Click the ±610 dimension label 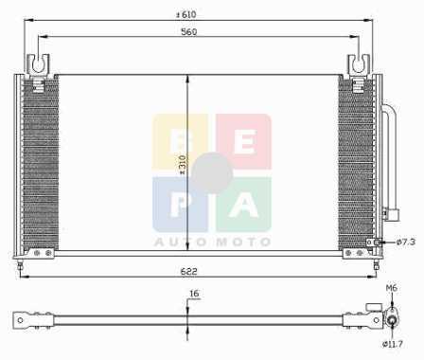click(186, 14)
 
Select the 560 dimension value click(189, 32)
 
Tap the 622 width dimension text click(188, 271)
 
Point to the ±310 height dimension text click(183, 165)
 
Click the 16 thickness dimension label click(194, 294)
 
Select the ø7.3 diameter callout click(406, 243)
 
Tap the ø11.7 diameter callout click(393, 344)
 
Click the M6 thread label click(392, 288)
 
